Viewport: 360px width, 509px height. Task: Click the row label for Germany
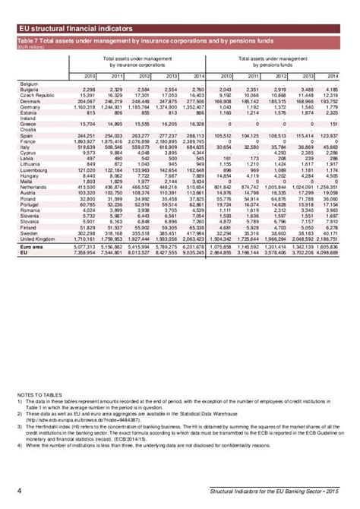tap(31, 108)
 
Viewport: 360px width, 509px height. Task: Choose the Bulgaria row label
tap(31, 88)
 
